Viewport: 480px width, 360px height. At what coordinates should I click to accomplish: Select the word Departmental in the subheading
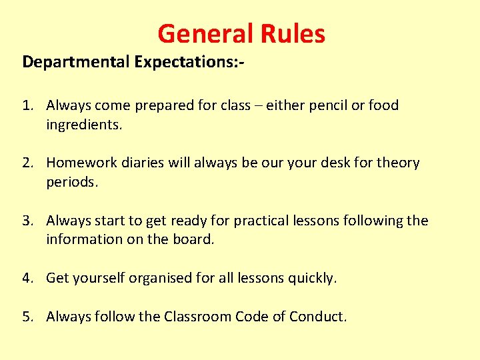point(76,63)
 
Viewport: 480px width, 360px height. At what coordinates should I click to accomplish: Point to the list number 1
point(26,105)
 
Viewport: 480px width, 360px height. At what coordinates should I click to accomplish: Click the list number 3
point(26,221)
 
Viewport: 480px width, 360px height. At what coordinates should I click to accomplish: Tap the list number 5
point(26,317)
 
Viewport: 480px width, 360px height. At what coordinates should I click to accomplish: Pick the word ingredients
point(83,125)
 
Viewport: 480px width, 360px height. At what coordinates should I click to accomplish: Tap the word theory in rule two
point(398,163)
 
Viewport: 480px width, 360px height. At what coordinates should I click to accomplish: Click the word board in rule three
point(195,239)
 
